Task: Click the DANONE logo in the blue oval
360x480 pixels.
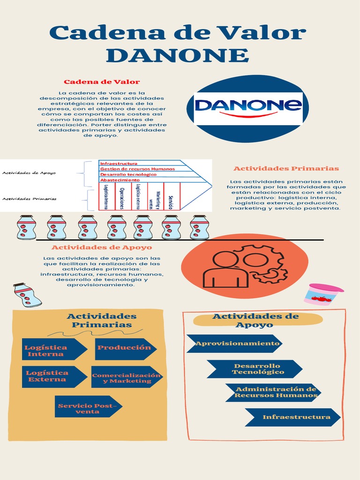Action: [x=248, y=108]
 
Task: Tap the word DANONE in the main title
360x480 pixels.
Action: [x=177, y=55]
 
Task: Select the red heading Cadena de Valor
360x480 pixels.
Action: [x=102, y=82]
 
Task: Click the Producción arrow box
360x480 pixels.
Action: [x=125, y=348]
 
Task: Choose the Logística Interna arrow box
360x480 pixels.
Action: [x=52, y=350]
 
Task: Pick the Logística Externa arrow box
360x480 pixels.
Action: [x=53, y=376]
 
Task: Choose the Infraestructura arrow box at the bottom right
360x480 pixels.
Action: [x=293, y=417]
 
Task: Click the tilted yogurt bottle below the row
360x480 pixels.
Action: [x=27, y=295]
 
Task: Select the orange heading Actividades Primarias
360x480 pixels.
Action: [x=286, y=168]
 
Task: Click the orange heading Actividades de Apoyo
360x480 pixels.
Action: [x=102, y=247]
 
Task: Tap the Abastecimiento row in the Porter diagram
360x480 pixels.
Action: [x=120, y=180]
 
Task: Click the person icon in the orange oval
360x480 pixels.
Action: [x=225, y=270]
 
